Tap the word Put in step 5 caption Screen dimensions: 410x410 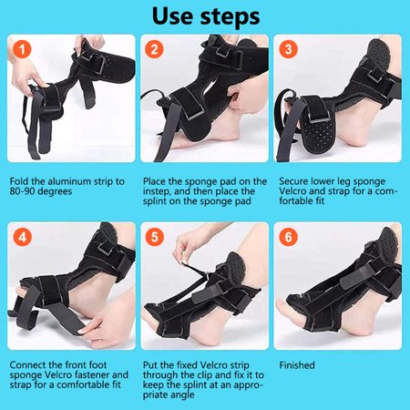(x=151, y=365)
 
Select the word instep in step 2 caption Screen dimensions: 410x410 (x=158, y=192)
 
